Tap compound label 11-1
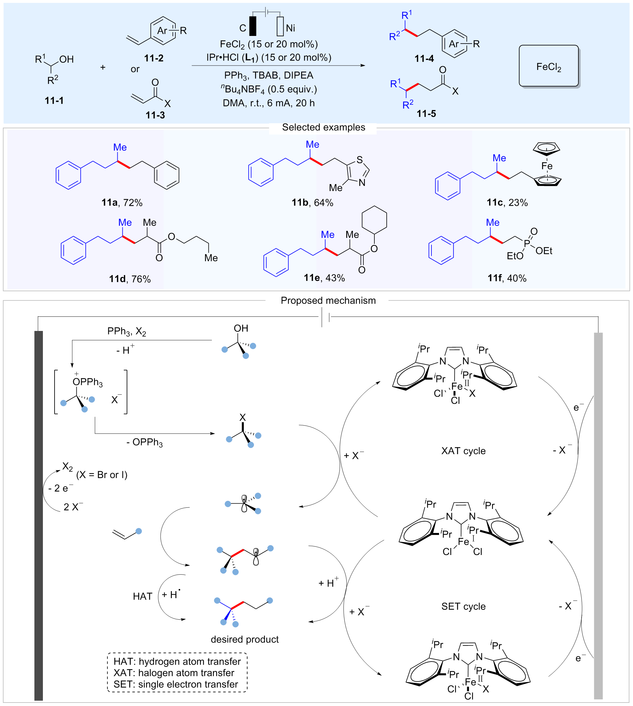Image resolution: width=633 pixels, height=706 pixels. (x=54, y=101)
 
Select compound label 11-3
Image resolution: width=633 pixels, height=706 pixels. (x=155, y=115)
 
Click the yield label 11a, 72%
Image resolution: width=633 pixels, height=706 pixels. (x=122, y=203)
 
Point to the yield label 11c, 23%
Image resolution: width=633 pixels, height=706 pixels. (x=507, y=203)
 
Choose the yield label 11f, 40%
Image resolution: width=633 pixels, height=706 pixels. (x=507, y=278)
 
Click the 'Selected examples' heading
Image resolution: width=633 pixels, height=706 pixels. (x=324, y=127)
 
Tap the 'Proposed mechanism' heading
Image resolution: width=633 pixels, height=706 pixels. (x=328, y=300)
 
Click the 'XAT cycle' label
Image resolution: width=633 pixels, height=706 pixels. (x=463, y=451)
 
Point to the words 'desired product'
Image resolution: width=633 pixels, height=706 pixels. (x=244, y=639)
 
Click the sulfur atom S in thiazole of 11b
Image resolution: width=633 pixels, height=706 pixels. (x=360, y=160)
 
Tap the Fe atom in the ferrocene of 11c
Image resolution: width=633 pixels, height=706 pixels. (x=547, y=166)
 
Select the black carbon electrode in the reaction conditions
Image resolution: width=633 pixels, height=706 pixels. (x=253, y=26)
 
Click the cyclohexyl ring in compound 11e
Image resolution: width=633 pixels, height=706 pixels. (x=374, y=220)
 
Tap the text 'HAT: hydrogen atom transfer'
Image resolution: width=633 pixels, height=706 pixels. (x=177, y=662)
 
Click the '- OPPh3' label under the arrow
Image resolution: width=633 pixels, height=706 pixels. (x=144, y=443)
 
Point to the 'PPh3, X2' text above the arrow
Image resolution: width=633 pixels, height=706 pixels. (x=126, y=331)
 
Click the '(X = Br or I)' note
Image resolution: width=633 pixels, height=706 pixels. (x=102, y=475)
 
